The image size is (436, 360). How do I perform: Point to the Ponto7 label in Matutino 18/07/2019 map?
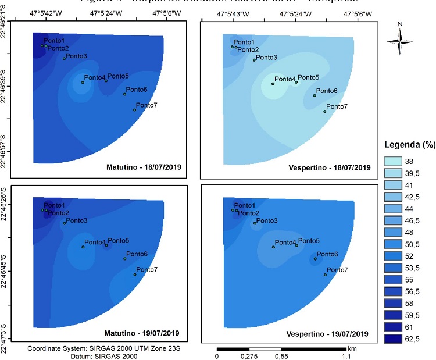click(x=145, y=105)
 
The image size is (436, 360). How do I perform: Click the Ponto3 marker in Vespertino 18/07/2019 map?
click(x=254, y=60)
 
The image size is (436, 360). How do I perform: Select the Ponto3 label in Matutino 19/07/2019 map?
click(x=77, y=220)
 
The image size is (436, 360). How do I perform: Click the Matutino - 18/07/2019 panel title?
click(x=144, y=167)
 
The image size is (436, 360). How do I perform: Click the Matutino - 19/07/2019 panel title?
click(x=144, y=333)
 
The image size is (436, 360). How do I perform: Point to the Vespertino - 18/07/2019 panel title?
click(x=328, y=167)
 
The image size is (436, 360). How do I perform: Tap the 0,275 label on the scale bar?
click(x=248, y=355)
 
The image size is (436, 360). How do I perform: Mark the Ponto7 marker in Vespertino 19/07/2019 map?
click(x=325, y=275)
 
